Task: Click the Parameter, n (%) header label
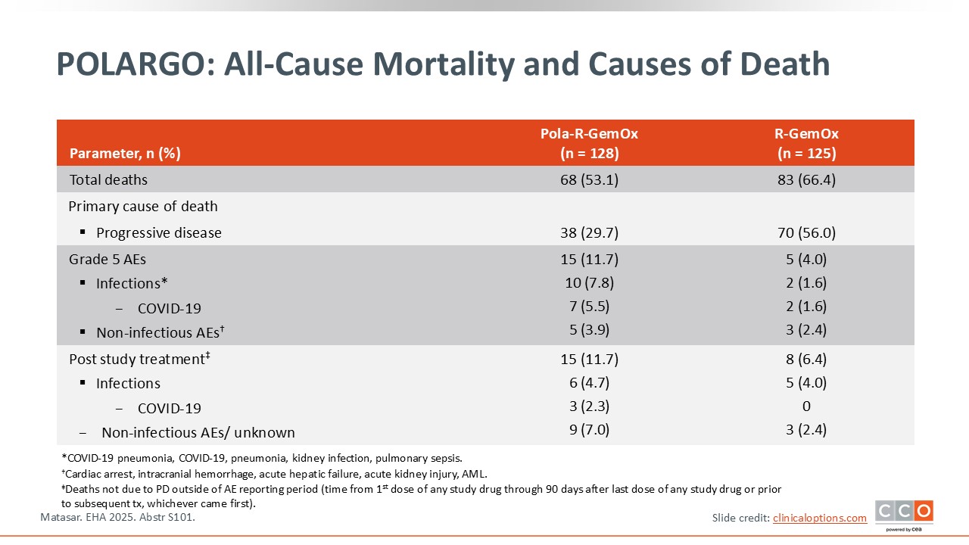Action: [x=125, y=154]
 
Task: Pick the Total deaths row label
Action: [x=108, y=180]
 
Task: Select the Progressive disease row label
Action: [x=158, y=233]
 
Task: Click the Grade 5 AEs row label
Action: [x=107, y=260]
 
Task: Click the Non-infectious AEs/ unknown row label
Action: [x=198, y=433]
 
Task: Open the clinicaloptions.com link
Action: [x=819, y=518]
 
